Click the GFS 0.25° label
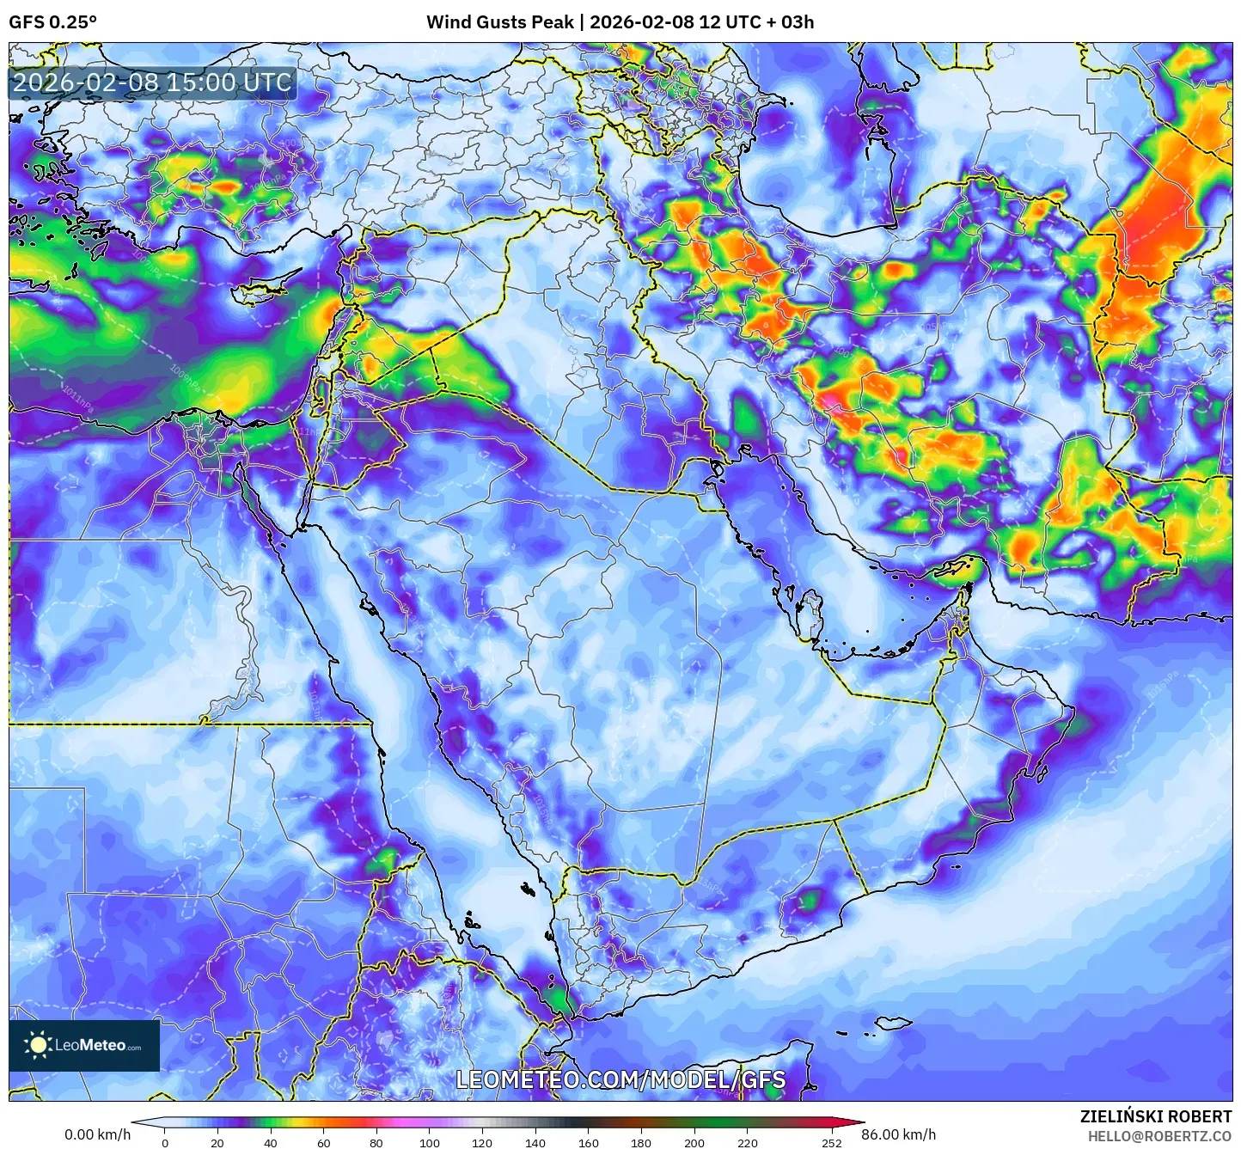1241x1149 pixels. coord(52,22)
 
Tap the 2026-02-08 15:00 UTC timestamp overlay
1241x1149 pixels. coord(152,83)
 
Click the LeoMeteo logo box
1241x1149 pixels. coord(84,1045)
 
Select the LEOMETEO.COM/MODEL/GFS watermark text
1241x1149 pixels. coord(620,1079)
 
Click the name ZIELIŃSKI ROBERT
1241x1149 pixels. coord(1155,1116)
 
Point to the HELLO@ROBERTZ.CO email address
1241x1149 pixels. coord(1159,1136)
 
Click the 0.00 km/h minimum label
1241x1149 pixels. coord(97,1134)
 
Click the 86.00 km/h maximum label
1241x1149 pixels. coord(898,1134)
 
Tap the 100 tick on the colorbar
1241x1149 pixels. coord(429,1143)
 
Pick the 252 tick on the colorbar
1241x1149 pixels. coord(831,1143)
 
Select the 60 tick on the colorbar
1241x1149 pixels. coord(323,1143)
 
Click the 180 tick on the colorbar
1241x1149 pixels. coord(641,1143)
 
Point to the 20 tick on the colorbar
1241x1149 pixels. coord(217,1143)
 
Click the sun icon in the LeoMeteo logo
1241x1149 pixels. coord(38,1045)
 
